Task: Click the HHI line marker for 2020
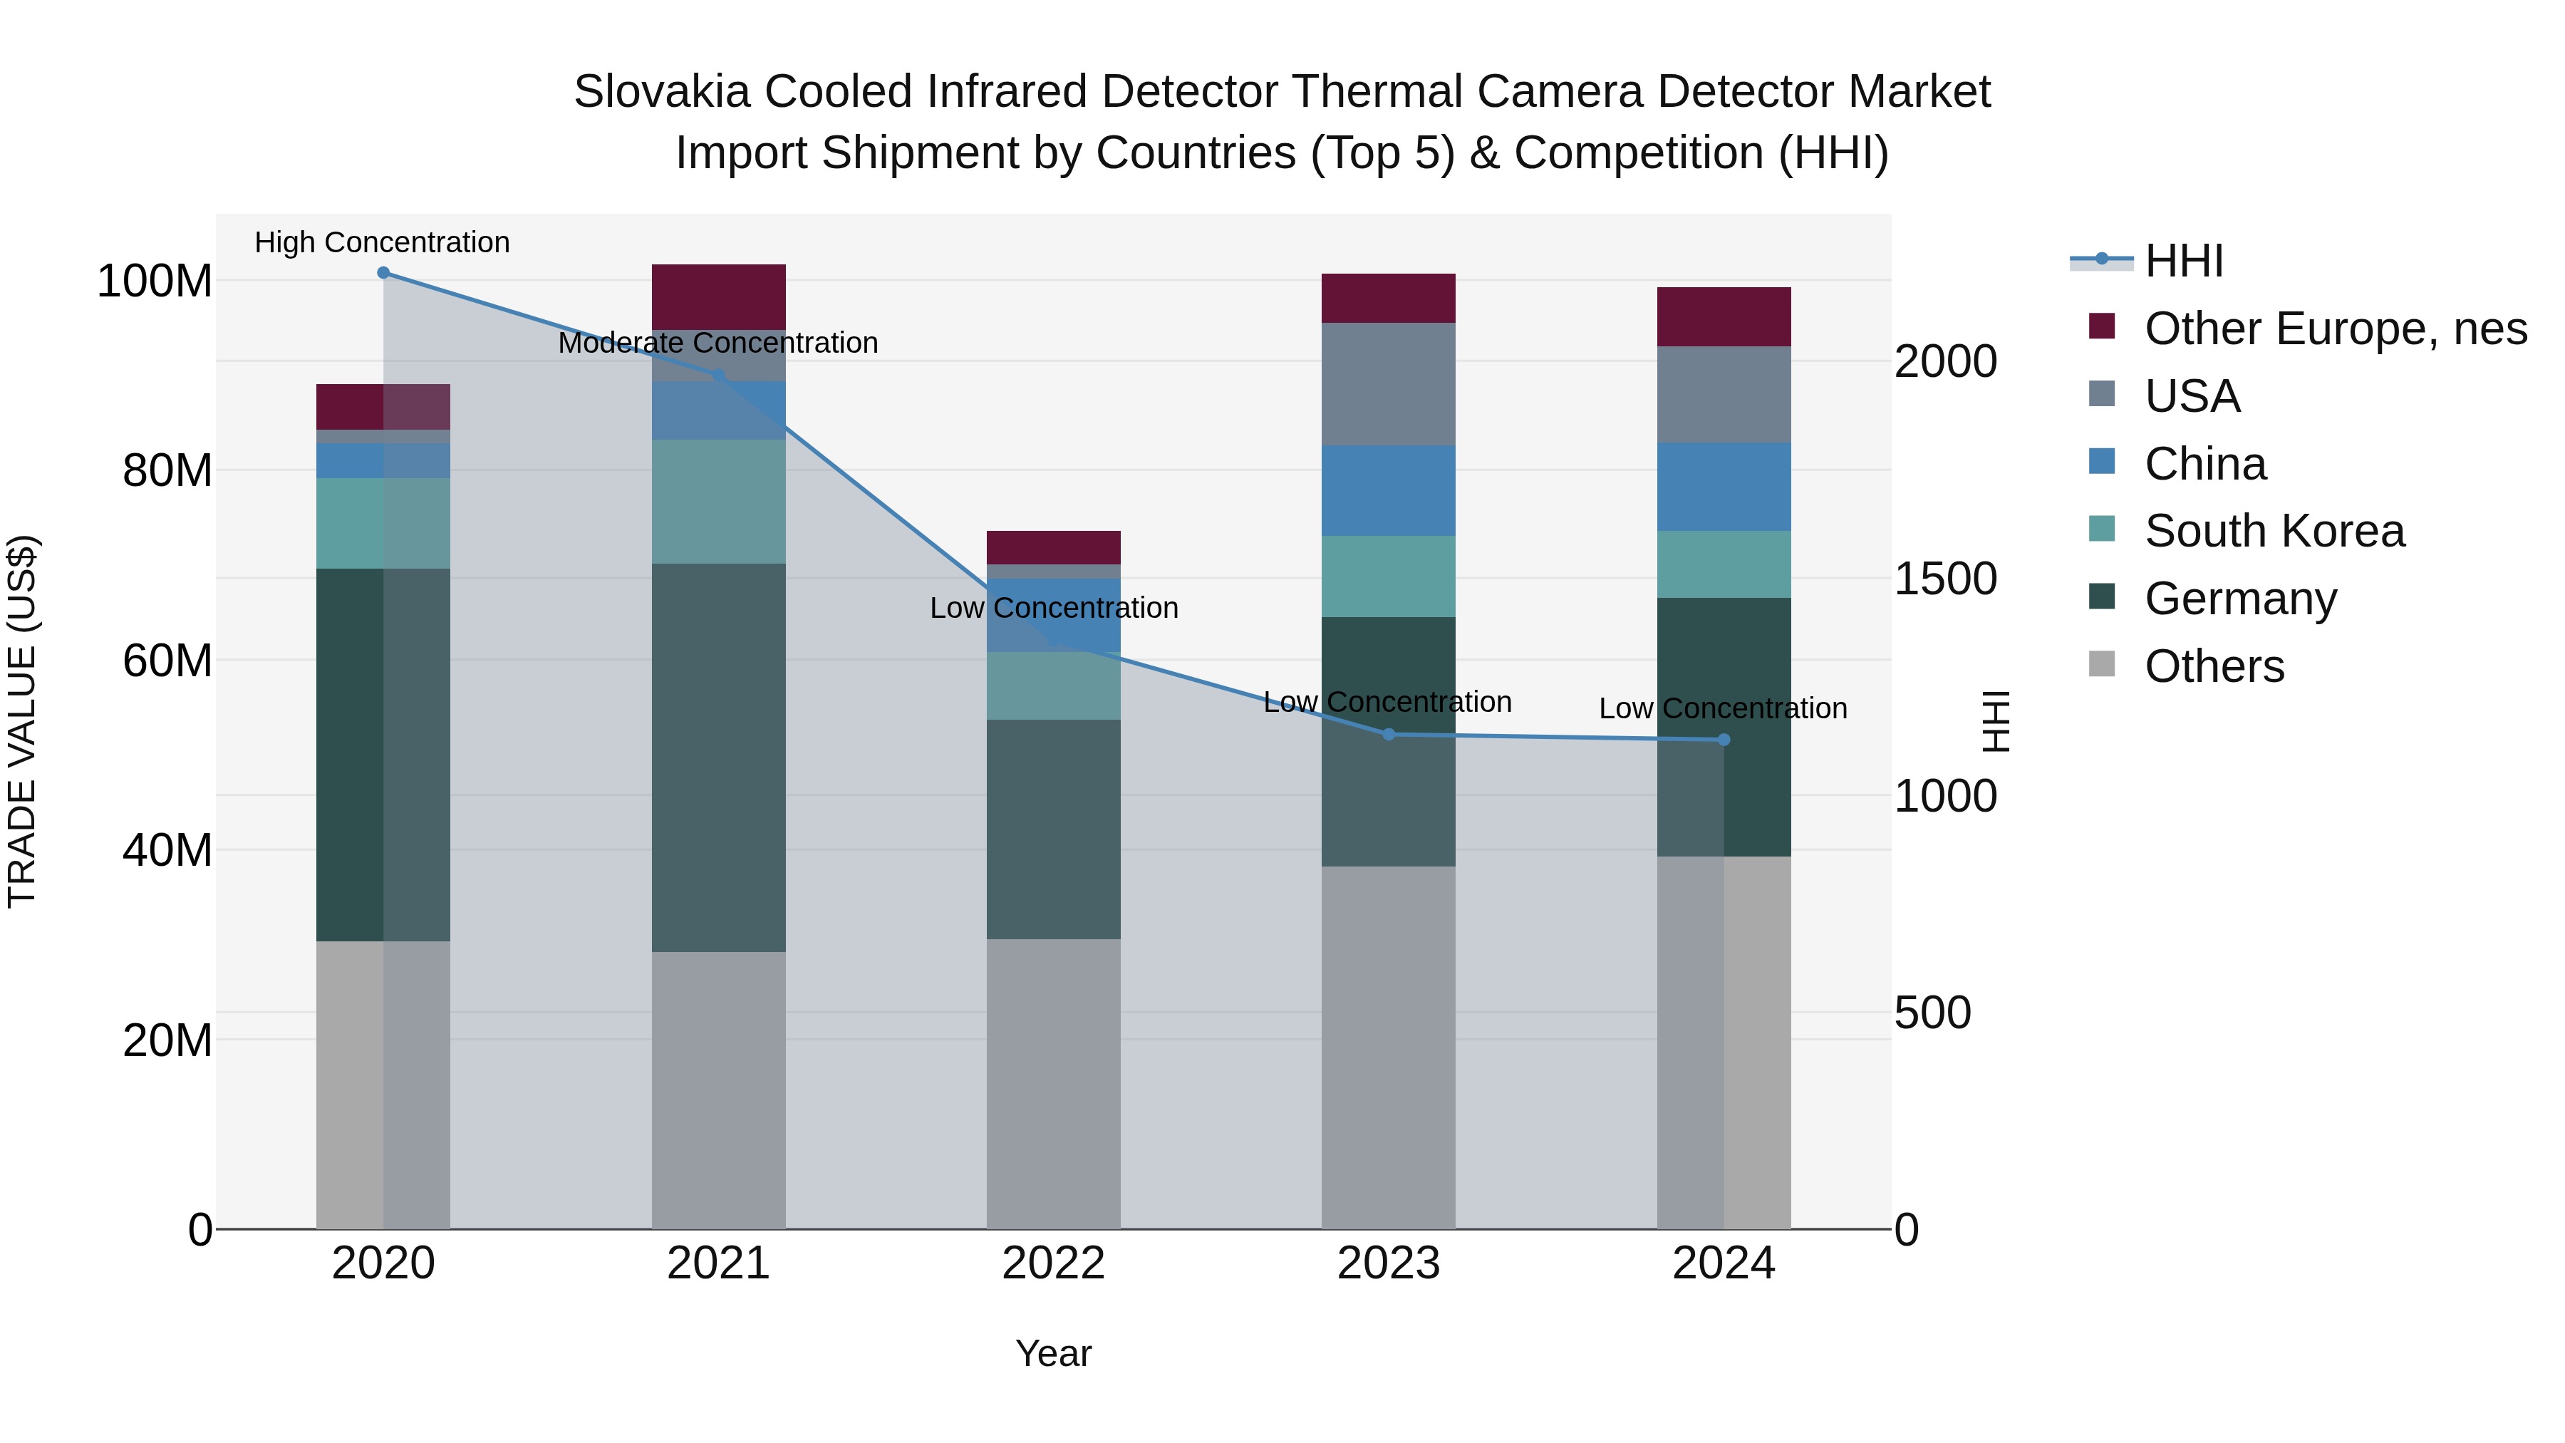click(383, 273)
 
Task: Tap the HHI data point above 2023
click(1389, 734)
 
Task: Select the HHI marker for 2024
click(1724, 740)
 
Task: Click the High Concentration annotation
click(383, 243)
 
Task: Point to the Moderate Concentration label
click(718, 343)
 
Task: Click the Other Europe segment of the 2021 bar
click(718, 296)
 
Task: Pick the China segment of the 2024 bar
click(1724, 487)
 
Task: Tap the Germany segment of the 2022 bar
click(1054, 829)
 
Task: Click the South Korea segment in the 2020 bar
click(383, 524)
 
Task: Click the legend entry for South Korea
click(2274, 531)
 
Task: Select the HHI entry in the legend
click(2184, 261)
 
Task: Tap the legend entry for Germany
click(2240, 599)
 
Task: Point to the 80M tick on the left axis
click(167, 471)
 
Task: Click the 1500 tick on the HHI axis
click(1944, 579)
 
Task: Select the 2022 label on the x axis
click(1054, 1263)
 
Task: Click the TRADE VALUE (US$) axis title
click(22, 721)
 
